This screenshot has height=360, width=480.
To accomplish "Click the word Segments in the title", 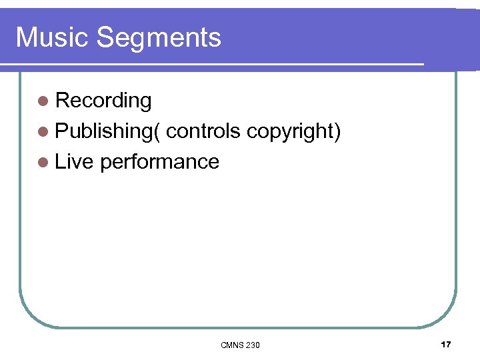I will coord(159,39).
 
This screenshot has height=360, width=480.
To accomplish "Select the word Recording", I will coord(103,101).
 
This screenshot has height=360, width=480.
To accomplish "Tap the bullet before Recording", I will coord(43,101).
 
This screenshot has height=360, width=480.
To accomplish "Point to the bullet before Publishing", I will coord(43,131).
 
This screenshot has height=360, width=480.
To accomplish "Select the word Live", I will coord(75,161).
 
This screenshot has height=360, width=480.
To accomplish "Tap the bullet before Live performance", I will coord(43,162).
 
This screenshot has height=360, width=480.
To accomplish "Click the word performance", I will coord(159,162).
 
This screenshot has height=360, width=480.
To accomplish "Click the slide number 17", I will coord(446,344).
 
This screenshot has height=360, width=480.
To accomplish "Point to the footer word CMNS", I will coord(231,345).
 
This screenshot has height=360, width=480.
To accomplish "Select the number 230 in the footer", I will coord(253,345).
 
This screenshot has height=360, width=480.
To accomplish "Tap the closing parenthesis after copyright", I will coord(338,132).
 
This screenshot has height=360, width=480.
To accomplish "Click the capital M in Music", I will coord(25,37).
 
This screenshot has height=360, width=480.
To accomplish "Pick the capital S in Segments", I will coord(105,37).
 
